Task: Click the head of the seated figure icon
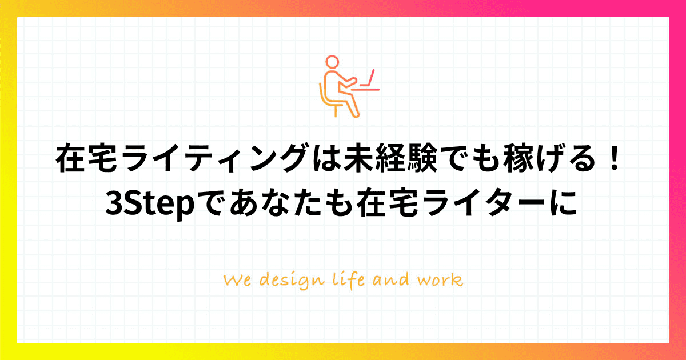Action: pos(332,62)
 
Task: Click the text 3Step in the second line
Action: pos(150,203)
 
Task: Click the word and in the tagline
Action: pos(391,280)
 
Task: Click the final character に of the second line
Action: pos(563,203)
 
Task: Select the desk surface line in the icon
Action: pos(365,90)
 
